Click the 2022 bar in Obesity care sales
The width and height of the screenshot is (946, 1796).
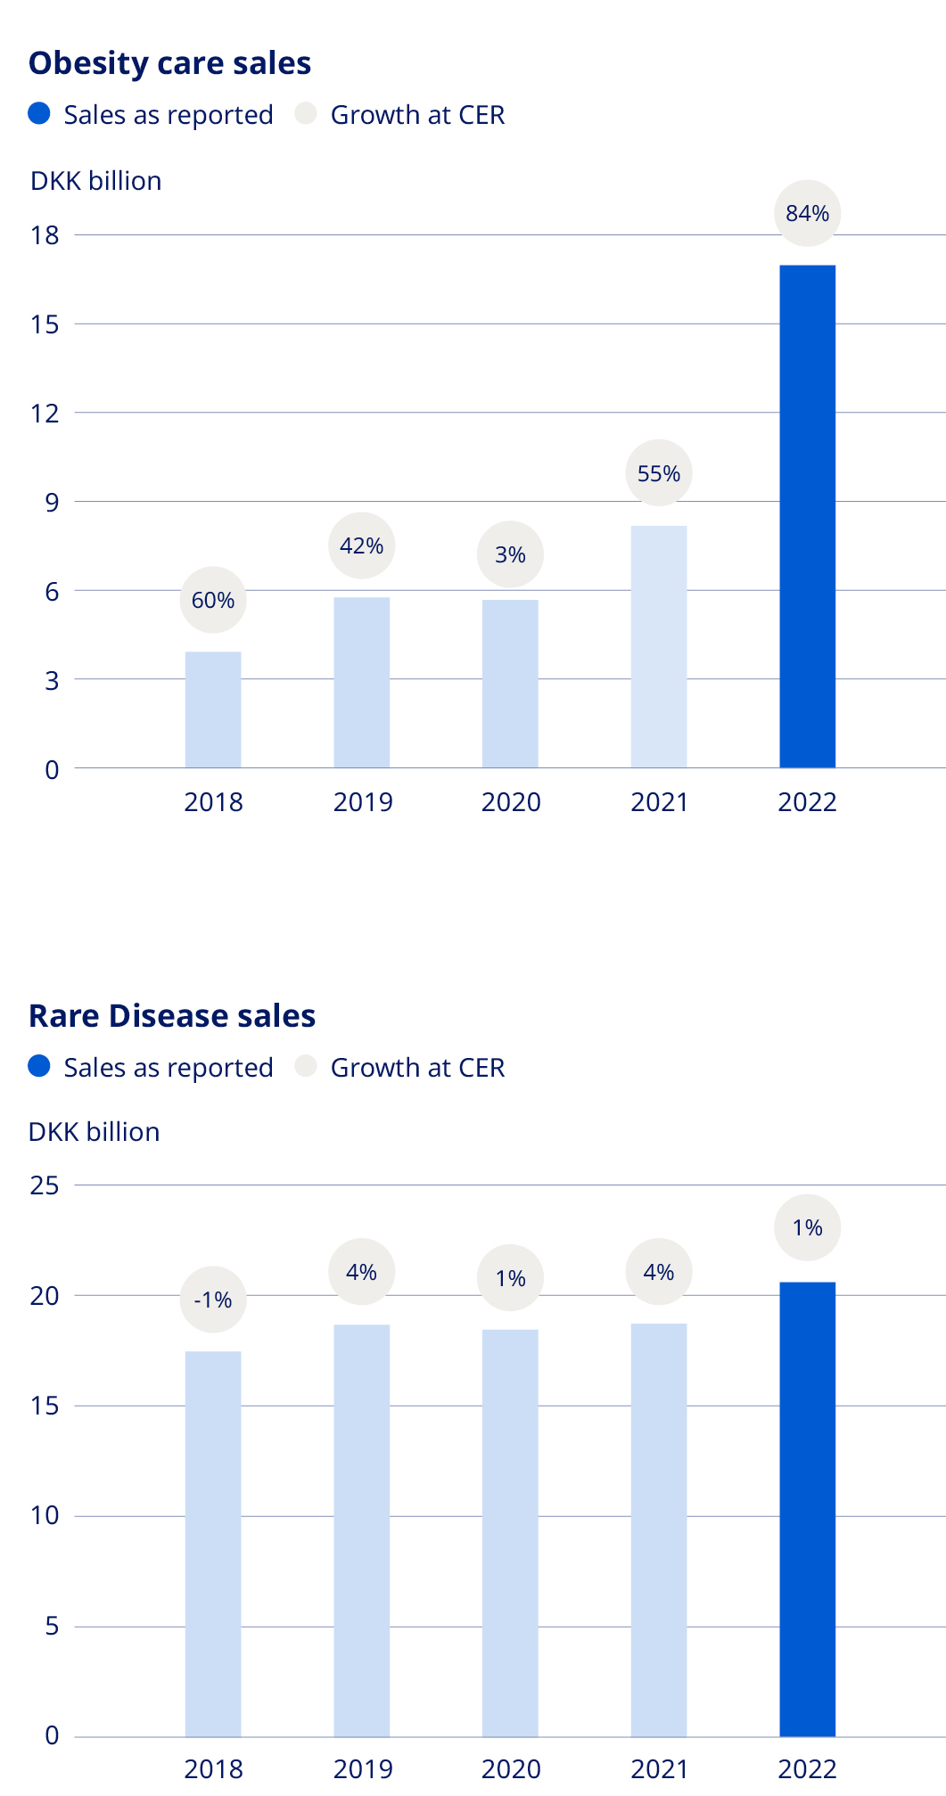[807, 516]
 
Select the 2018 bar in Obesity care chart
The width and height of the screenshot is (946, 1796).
[213, 709]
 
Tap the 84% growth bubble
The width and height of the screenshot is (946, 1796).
[807, 213]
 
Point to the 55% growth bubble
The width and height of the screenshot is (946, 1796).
[659, 473]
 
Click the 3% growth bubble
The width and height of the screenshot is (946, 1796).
[510, 554]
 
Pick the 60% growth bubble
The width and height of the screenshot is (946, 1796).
[213, 600]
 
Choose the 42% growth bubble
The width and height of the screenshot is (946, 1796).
[361, 545]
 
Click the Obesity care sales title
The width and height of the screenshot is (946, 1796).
[169, 63]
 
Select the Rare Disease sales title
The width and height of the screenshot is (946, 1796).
[172, 1016]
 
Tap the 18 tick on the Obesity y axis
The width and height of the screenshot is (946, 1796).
[45, 235]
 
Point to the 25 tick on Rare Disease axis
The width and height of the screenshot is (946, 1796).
[45, 1185]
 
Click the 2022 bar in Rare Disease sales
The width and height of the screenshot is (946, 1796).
[807, 1509]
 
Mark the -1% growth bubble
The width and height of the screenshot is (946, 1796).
[213, 1300]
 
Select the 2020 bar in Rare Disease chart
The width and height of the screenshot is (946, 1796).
[510, 1533]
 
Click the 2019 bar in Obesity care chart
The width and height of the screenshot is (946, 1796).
[361, 682]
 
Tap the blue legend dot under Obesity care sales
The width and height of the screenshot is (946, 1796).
[39, 114]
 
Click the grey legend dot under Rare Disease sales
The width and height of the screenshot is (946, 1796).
[306, 1066]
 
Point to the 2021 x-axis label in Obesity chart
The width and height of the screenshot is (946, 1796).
[659, 802]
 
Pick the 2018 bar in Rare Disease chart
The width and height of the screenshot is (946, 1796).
[213, 1544]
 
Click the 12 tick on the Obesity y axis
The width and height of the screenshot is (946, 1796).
[45, 413]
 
